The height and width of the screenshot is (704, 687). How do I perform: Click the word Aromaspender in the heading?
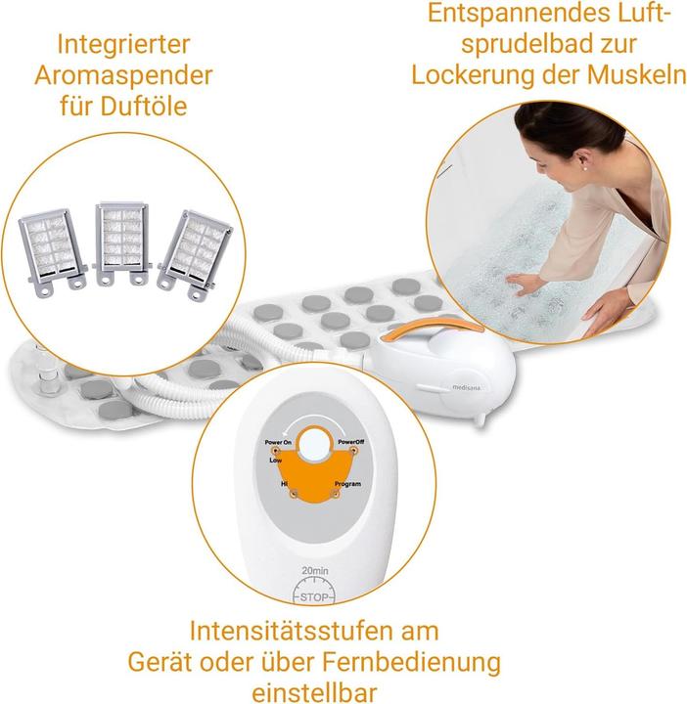[x=135, y=74]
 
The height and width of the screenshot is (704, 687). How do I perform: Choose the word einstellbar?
[x=314, y=692]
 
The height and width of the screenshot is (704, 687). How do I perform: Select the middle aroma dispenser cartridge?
[x=124, y=242]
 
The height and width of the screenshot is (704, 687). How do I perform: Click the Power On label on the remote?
[x=279, y=443]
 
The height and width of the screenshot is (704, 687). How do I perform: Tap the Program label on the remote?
[x=346, y=484]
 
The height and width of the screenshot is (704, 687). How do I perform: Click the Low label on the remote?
[x=276, y=458]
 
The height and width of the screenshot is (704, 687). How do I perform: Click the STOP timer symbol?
[x=312, y=590]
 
